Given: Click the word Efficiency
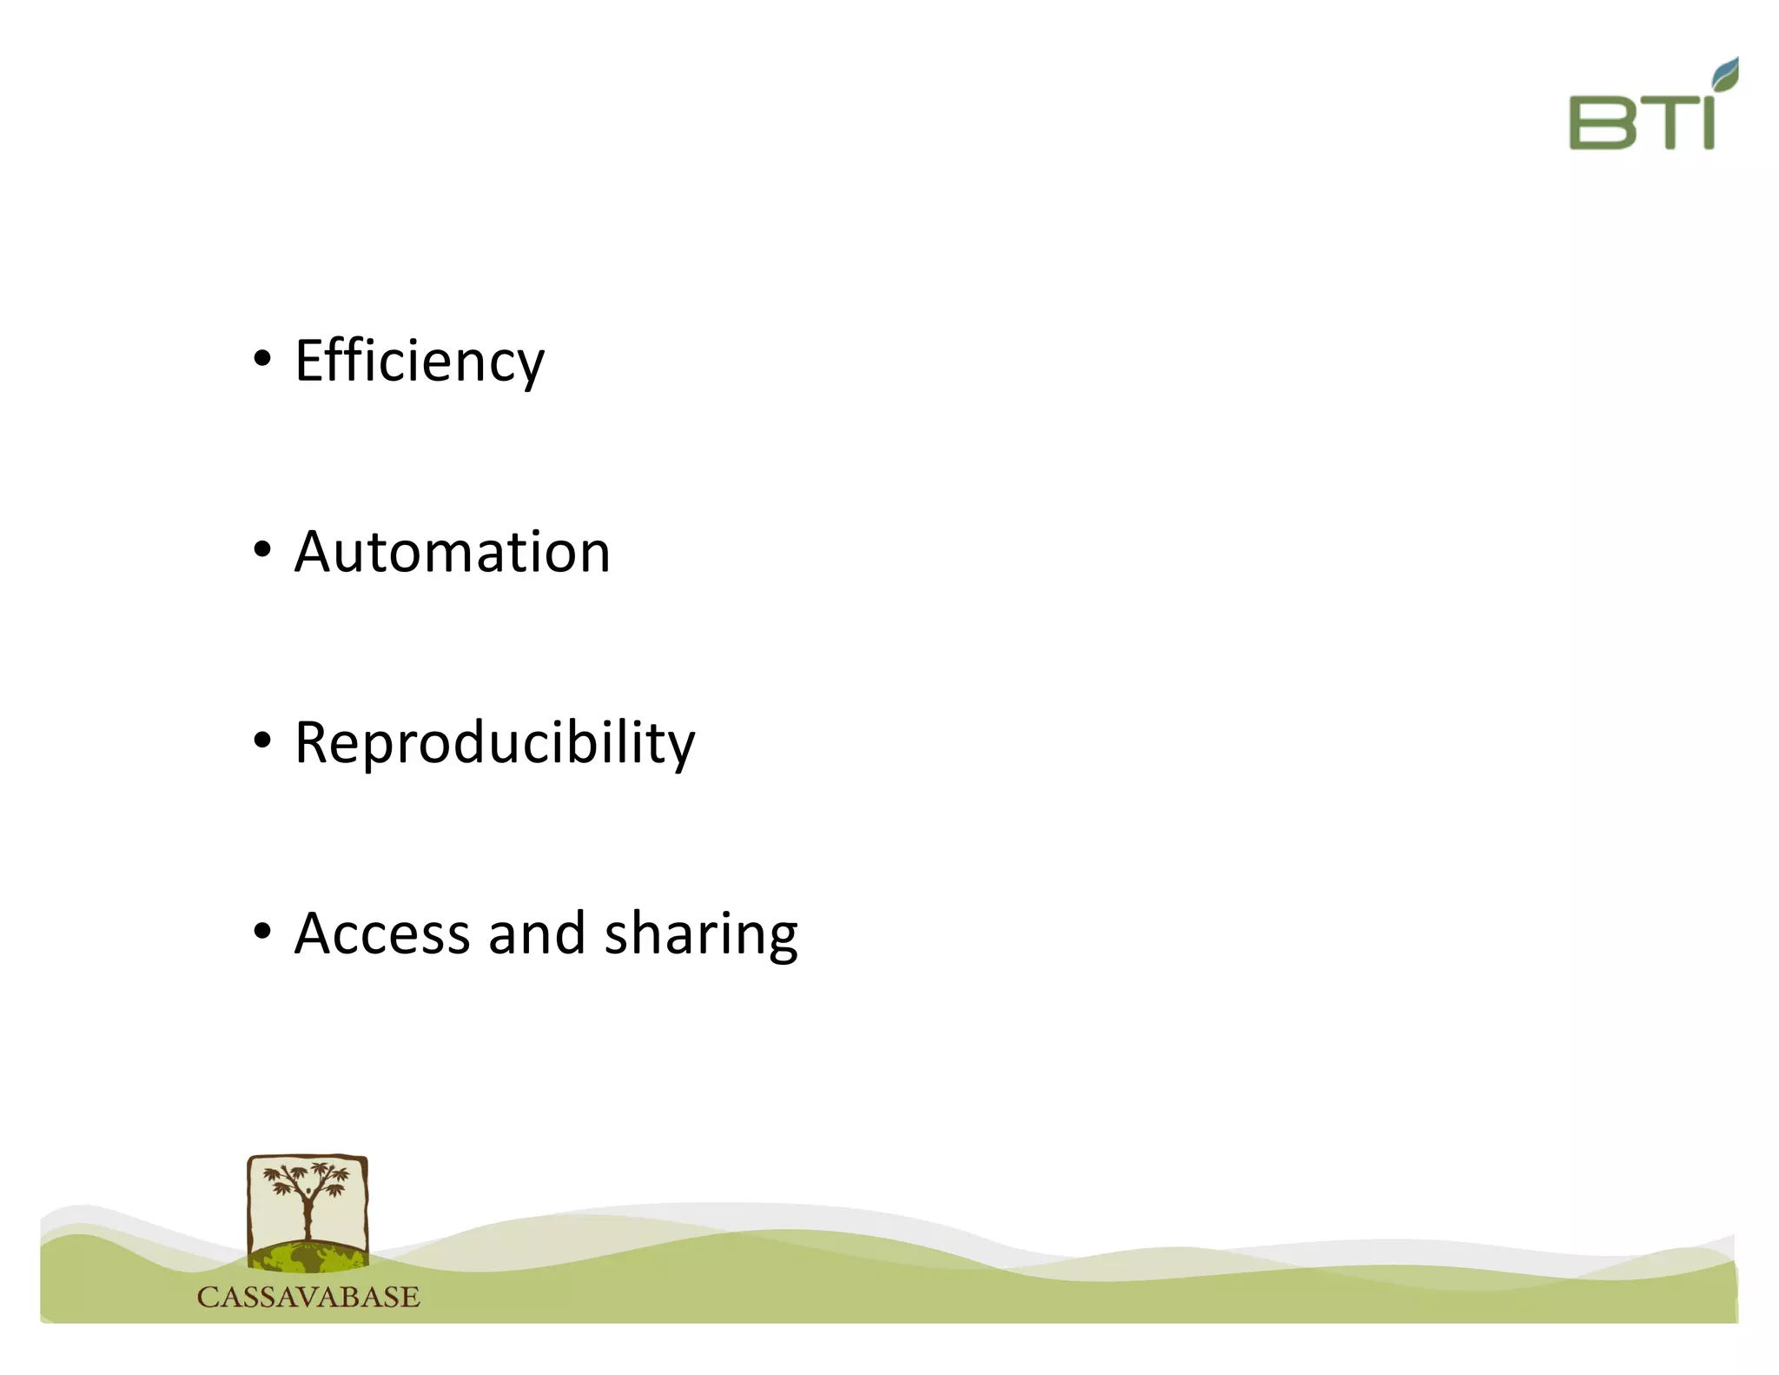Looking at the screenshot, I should coord(419,361).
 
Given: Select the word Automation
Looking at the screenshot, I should coord(452,552).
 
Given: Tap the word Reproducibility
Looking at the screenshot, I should coord(494,743).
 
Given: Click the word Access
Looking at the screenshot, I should coord(381,934).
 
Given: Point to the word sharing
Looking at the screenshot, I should coord(700,934).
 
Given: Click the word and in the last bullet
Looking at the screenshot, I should coord(536,934).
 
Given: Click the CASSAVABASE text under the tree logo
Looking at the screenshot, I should coord(308,1298).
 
